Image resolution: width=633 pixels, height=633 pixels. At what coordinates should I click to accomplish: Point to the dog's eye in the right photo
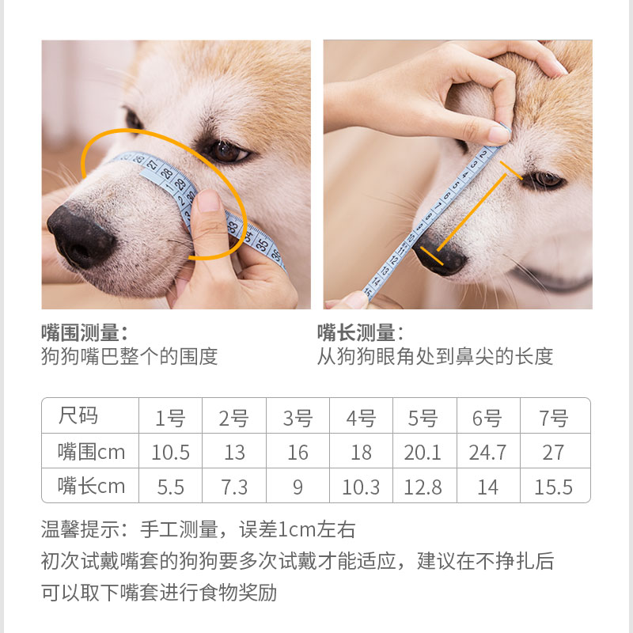[x=546, y=180]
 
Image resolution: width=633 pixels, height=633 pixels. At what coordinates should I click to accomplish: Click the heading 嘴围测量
[x=84, y=332]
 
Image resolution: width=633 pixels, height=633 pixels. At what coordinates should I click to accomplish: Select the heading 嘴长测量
[x=360, y=332]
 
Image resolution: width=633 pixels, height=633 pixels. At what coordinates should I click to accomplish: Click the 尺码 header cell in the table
[x=78, y=416]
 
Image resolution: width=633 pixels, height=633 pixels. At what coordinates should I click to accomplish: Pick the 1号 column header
[x=170, y=418]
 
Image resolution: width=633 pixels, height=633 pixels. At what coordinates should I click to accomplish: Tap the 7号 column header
[x=553, y=418]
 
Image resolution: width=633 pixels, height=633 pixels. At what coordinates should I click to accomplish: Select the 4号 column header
[x=362, y=418]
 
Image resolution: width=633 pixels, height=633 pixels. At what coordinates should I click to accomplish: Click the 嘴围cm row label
[x=91, y=452]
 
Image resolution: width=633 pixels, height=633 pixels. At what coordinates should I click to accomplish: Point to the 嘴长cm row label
[x=91, y=486]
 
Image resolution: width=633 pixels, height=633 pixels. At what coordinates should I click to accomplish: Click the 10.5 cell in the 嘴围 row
[x=171, y=453]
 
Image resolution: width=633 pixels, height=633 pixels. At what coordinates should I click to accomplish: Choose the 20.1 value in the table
[x=423, y=453]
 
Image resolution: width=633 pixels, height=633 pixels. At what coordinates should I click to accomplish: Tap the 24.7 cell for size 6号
[x=488, y=453]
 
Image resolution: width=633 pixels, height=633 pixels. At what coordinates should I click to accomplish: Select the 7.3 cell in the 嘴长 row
[x=234, y=487]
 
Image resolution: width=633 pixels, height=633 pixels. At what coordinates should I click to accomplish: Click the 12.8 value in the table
[x=423, y=487]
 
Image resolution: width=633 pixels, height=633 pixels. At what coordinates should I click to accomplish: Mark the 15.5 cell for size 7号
[x=553, y=487]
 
